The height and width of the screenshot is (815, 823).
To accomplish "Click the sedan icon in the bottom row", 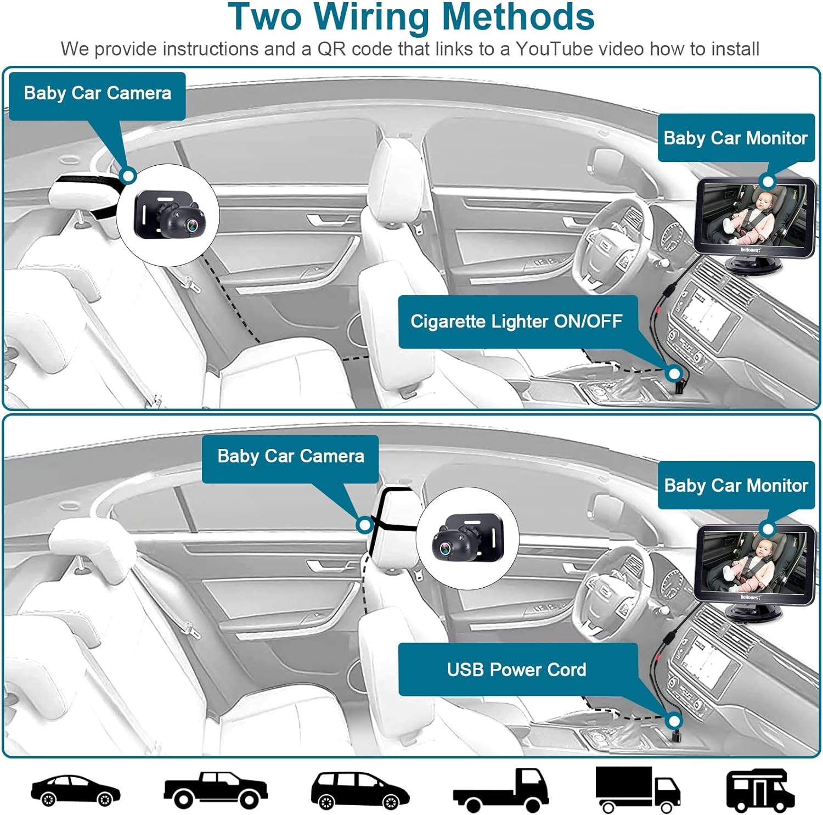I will (x=75, y=791).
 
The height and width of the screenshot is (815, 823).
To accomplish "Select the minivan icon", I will (x=360, y=791).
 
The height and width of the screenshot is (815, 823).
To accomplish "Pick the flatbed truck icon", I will (x=501, y=791).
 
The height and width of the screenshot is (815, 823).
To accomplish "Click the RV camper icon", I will (x=760, y=790).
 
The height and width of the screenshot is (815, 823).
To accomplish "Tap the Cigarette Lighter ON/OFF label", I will (x=516, y=322).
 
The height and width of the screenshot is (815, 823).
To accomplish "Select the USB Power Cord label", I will (x=516, y=670).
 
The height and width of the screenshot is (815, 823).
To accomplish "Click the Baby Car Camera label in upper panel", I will (x=98, y=93).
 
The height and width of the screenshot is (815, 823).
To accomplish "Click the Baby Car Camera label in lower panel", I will (x=291, y=456).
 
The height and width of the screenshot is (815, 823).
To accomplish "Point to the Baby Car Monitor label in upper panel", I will (x=735, y=138).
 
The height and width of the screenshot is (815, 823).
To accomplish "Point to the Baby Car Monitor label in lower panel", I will (x=736, y=486).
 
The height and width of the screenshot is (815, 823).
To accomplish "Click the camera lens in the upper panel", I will (x=191, y=225).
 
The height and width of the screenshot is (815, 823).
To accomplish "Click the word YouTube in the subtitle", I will (x=554, y=49).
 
